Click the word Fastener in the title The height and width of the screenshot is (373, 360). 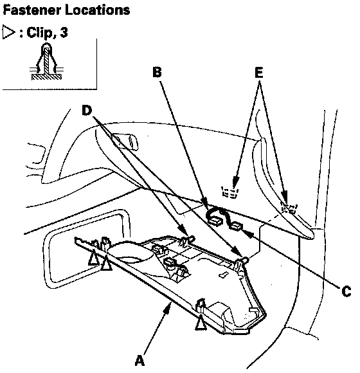(x=32, y=10)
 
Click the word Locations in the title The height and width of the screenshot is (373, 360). (x=97, y=10)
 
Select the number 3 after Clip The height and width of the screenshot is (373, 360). (x=64, y=32)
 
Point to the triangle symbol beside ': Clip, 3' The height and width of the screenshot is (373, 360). (x=8, y=32)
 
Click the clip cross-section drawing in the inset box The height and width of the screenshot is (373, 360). (x=46, y=61)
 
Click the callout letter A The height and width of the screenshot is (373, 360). (x=139, y=360)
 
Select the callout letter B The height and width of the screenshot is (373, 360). (x=157, y=72)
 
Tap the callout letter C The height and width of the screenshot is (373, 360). (x=346, y=291)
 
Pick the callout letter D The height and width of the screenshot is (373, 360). (x=87, y=111)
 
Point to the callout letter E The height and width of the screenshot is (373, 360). (x=259, y=73)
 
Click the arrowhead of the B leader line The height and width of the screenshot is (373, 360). (x=204, y=205)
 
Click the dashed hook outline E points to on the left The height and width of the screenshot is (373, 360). (x=230, y=192)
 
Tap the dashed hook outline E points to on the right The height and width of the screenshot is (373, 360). (x=289, y=208)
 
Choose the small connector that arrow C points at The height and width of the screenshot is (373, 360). (x=235, y=226)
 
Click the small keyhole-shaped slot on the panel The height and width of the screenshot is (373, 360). (x=223, y=274)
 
